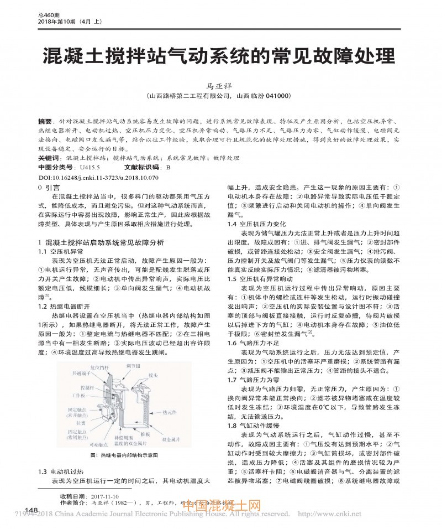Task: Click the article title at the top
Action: click(220, 56)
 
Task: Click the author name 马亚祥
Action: click(220, 85)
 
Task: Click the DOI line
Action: click(99, 178)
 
